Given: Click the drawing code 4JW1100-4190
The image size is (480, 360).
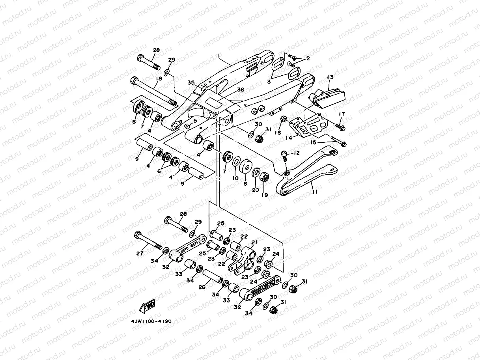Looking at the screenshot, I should pyautogui.click(x=151, y=321).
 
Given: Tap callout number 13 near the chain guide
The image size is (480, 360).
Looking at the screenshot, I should pyautogui.click(x=330, y=77).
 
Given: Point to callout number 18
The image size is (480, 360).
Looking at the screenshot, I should pyautogui.click(x=158, y=79).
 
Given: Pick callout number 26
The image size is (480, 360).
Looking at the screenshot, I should pyautogui.click(x=202, y=287).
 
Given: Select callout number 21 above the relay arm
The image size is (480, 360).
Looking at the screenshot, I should pyautogui.click(x=254, y=242).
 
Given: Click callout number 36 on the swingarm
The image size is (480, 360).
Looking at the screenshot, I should pyautogui.click(x=240, y=90).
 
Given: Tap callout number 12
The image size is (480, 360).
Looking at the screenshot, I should pyautogui.click(x=297, y=153).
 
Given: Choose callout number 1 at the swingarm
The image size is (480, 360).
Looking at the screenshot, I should pyautogui.click(x=218, y=56).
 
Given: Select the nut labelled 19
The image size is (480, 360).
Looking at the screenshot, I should pyautogui.click(x=265, y=177).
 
